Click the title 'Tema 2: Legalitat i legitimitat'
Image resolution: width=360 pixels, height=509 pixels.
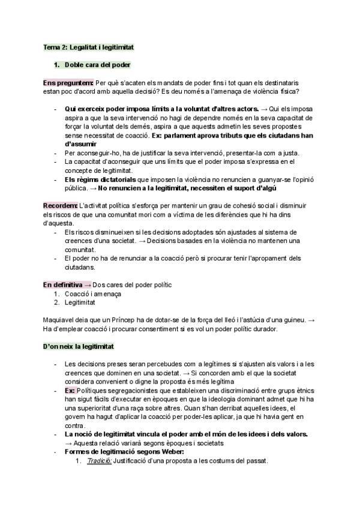89,46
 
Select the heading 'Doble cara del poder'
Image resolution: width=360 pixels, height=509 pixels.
98,64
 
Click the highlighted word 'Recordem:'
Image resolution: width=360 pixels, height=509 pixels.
61,205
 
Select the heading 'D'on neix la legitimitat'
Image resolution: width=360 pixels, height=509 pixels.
79,346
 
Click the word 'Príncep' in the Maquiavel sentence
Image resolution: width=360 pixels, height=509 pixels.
127,320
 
